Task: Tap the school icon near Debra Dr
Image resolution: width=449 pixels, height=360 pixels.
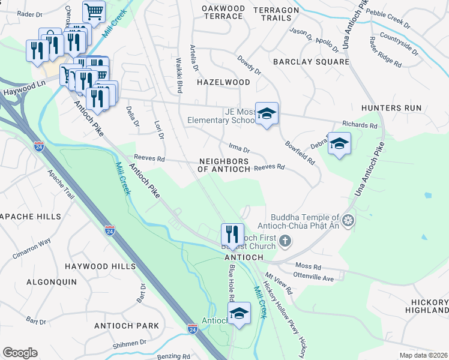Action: pyautogui.click(x=339, y=143)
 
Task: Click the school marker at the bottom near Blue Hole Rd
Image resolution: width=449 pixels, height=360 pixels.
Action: pyautogui.click(x=239, y=313)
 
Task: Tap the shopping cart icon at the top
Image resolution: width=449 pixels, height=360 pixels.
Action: pyautogui.click(x=94, y=11)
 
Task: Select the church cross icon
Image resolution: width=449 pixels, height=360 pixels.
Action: pyautogui.click(x=285, y=241)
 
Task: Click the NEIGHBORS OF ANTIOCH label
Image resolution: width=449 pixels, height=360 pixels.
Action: pyautogui.click(x=224, y=166)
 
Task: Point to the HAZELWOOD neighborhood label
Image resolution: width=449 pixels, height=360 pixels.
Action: pyautogui.click(x=223, y=82)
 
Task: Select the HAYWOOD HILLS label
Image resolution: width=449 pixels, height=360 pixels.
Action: pyautogui.click(x=100, y=266)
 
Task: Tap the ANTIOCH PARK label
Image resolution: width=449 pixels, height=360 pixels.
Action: pyautogui.click(x=127, y=326)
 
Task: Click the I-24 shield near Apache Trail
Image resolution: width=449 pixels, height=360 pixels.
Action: pyautogui.click(x=38, y=146)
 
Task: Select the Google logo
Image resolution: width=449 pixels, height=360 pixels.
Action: pyautogui.click(x=20, y=353)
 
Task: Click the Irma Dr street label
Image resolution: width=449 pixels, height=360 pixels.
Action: pyautogui.click(x=239, y=147)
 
